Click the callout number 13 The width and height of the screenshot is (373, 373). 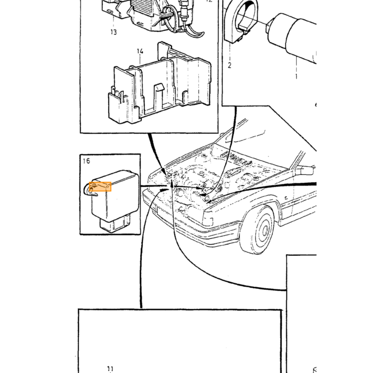tap(113, 32)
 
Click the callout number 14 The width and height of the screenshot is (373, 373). tap(140, 51)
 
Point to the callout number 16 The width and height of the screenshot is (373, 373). tap(86, 161)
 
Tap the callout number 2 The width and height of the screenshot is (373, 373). tap(229, 65)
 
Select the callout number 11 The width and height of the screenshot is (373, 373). tap(110, 369)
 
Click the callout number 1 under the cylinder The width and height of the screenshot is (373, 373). tap(296, 76)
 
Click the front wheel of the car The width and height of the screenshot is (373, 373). tap(257, 230)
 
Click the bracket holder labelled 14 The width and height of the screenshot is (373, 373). tap(160, 83)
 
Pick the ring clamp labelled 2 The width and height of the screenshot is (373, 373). tap(241, 22)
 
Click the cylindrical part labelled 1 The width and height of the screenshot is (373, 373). tap(292, 38)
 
